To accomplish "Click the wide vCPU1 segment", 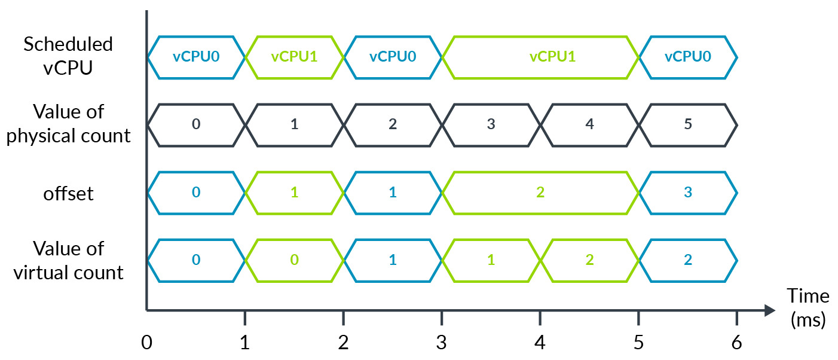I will point(540,57).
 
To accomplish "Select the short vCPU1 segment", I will point(294,57).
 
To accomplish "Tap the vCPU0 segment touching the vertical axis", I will point(196,57).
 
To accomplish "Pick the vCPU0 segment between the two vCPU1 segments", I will point(393,57).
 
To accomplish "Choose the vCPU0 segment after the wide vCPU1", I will point(688,57).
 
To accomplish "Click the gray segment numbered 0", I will point(196,125).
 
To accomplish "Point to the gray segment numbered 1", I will point(294,125).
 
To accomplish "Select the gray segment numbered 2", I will point(393,125).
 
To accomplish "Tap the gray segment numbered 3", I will point(491,125).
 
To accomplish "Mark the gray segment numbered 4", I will point(589,125).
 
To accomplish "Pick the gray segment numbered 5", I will point(688,125).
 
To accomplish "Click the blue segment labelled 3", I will point(688,193).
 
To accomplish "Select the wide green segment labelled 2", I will point(540,193).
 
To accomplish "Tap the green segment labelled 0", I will point(294,260).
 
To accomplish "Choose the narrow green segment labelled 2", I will point(589,260).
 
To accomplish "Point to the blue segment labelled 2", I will point(688,260).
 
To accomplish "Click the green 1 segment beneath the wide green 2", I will point(491,260).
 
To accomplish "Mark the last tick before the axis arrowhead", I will point(736,318).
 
